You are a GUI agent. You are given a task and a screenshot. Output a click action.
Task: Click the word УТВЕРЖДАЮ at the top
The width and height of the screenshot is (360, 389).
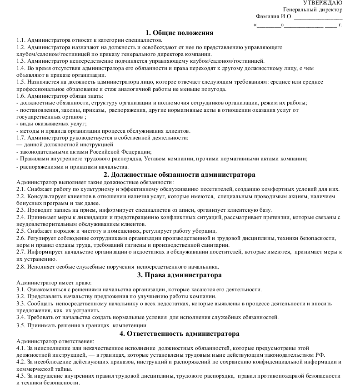323,3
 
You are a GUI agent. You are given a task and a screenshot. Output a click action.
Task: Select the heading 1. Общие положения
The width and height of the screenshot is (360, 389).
180,33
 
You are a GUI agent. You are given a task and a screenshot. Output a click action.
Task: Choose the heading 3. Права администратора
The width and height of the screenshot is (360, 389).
180,275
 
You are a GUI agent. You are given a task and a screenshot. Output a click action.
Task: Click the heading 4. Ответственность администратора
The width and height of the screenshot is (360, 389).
180,333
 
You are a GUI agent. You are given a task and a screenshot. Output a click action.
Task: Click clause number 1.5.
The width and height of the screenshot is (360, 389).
21,82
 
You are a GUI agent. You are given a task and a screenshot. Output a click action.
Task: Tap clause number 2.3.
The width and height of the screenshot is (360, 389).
21,210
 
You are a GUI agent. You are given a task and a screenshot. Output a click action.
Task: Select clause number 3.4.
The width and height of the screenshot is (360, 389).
21,317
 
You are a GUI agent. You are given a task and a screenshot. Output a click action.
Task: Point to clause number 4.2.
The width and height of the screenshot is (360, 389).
21,362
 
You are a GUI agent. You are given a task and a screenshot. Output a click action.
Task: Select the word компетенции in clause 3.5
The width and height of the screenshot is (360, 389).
130,325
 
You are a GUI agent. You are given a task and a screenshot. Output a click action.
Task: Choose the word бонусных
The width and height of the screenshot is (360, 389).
29,203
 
